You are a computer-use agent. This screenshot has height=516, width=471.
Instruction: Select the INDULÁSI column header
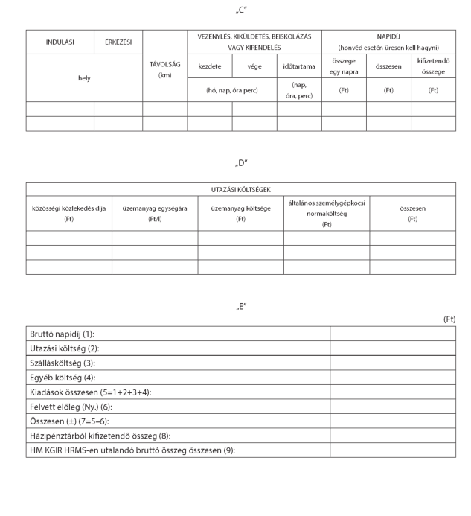tap(60, 42)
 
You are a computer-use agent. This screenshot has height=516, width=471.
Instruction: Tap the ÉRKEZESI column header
tap(118, 42)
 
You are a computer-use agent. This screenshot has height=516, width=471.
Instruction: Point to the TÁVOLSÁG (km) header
tap(164, 70)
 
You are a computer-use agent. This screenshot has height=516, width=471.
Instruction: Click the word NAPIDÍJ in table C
tap(388, 36)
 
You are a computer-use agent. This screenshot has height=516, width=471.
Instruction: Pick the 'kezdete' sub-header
tap(209, 66)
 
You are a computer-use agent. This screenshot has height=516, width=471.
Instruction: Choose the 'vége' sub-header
tap(254, 66)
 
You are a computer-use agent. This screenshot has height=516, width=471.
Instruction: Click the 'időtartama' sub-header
tap(298, 66)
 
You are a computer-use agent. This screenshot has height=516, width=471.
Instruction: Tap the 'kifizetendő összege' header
tap(433, 66)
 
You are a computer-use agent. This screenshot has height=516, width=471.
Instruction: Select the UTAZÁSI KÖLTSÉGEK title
tap(241, 190)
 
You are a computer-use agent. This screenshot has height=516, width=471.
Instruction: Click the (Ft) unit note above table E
tap(449, 319)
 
